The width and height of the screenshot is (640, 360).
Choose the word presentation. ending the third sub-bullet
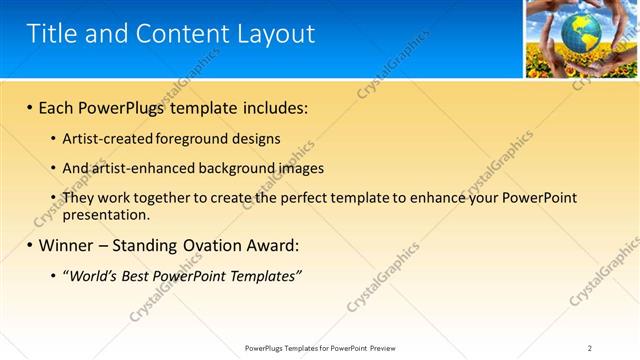point(106,214)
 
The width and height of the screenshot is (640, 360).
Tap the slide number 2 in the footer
point(589,348)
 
